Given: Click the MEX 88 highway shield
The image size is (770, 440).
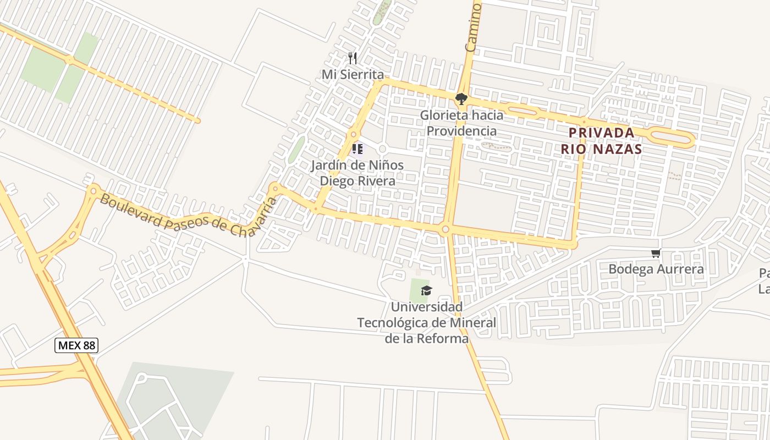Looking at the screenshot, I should [76, 345].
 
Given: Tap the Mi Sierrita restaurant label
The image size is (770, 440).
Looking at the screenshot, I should [353, 74].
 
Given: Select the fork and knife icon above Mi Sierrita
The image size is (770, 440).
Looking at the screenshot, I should [353, 58].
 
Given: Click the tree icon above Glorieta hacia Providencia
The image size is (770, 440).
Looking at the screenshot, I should [461, 99].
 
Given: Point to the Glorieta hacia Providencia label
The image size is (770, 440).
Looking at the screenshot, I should [462, 123].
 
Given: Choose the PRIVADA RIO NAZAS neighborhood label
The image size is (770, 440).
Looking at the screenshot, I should [601, 141].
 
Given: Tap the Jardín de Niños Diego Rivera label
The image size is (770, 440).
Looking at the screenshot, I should [358, 173].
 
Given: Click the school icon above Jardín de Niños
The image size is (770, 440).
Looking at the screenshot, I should [358, 148].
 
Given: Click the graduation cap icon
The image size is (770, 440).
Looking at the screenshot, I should [426, 290].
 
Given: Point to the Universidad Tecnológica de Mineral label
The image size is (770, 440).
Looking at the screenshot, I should [427, 322].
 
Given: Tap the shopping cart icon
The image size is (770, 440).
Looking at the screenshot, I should [656, 254].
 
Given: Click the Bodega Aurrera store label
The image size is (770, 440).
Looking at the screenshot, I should [656, 269].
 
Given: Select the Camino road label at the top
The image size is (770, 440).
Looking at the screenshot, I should [473, 26].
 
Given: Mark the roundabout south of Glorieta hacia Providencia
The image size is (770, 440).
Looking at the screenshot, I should [446, 229].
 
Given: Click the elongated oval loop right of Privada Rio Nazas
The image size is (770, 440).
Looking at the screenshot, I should [672, 137].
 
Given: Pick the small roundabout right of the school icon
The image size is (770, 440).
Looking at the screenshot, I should [383, 149].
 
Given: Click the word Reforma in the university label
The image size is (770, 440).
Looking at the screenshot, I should [443, 338].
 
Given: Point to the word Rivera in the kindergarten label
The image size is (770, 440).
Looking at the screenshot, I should [378, 180].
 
